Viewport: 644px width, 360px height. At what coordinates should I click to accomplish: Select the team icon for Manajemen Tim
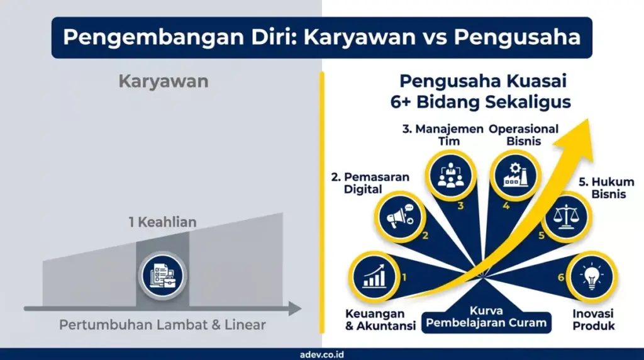[x=450, y=176]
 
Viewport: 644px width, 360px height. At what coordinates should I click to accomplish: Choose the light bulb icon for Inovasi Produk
[x=591, y=278]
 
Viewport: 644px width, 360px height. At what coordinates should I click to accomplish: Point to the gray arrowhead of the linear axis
[x=294, y=309]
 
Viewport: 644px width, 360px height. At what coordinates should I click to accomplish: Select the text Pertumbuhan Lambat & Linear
[x=162, y=325]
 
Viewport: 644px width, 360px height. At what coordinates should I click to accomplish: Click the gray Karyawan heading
[x=163, y=82]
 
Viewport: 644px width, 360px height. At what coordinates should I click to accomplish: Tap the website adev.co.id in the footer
[x=322, y=354]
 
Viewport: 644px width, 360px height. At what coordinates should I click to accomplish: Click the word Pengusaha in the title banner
[x=517, y=37]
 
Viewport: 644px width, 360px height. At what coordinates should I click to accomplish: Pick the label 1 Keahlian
[x=163, y=222]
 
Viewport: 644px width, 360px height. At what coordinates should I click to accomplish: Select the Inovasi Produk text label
[x=593, y=320]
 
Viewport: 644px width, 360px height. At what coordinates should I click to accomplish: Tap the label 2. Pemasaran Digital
[x=362, y=183]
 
